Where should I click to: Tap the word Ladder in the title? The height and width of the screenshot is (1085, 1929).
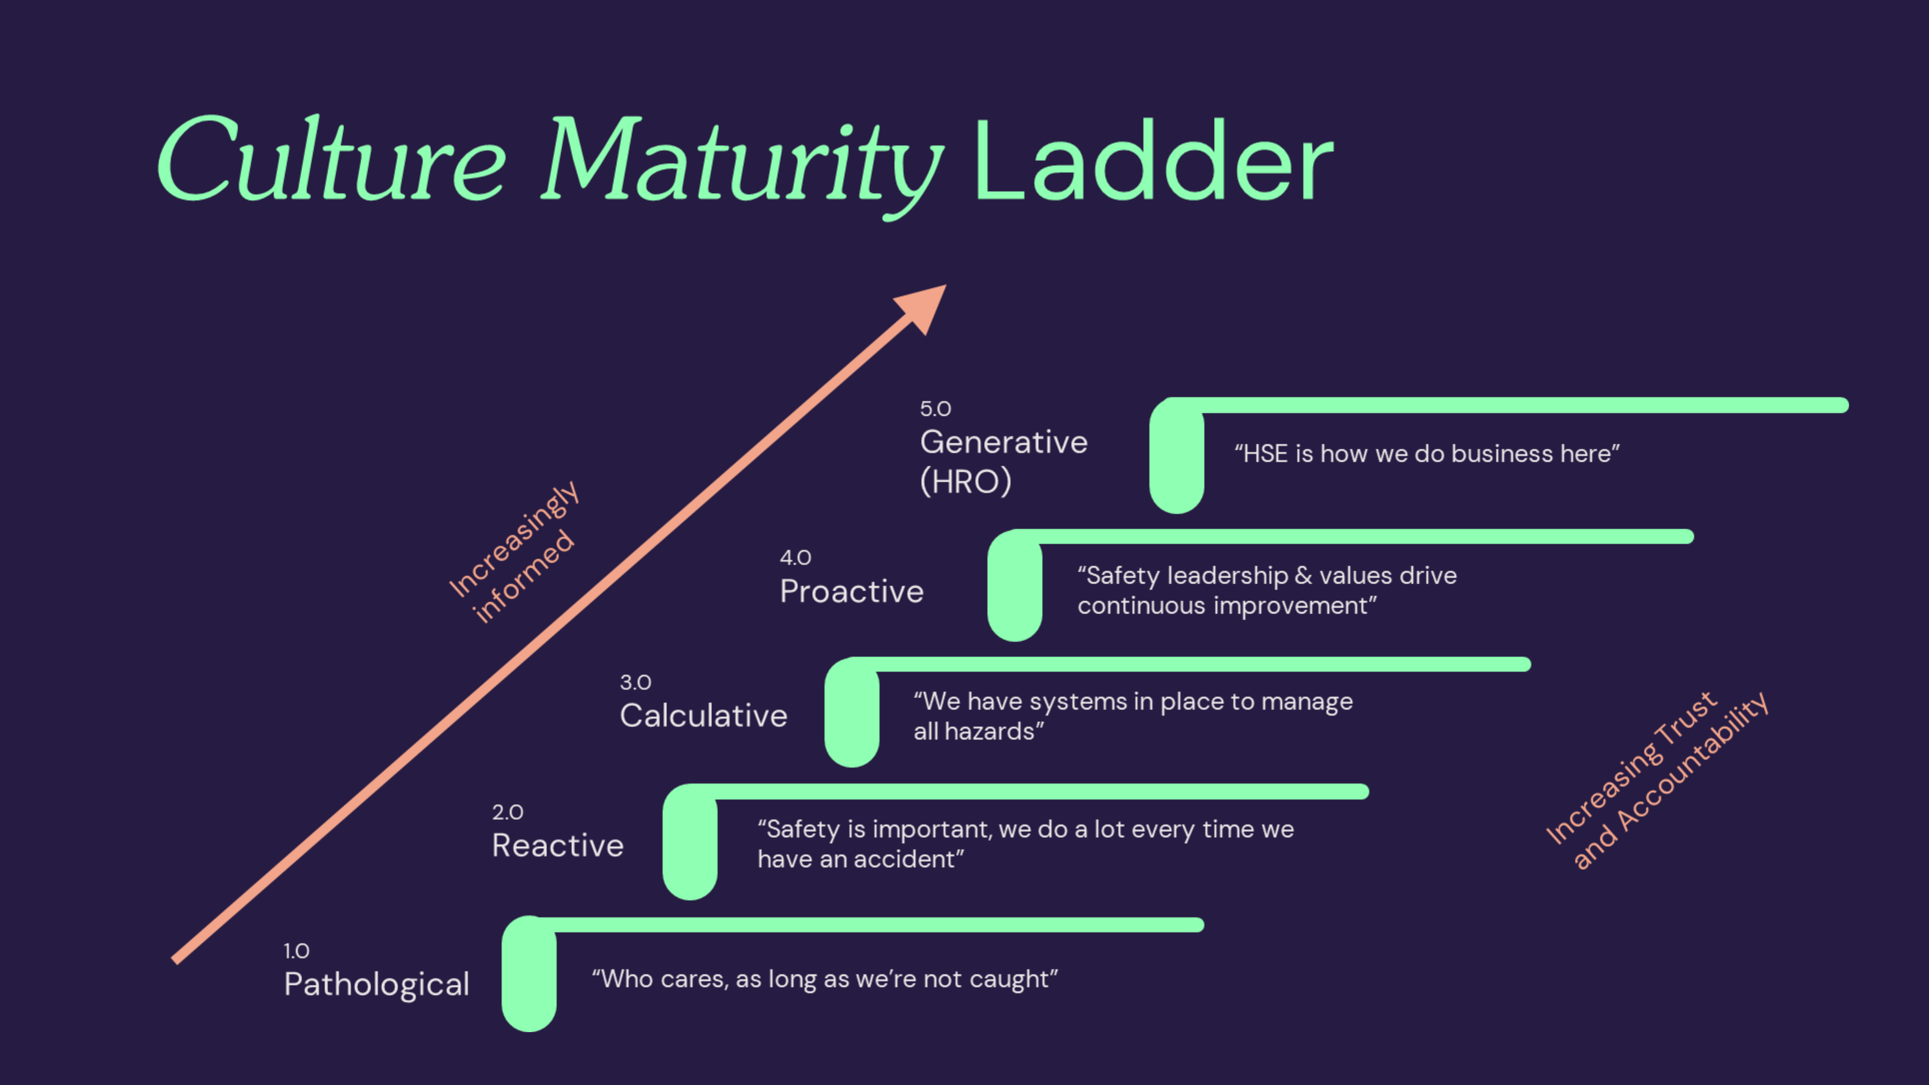pos(1153,161)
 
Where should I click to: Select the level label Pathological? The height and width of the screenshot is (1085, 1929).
pos(376,984)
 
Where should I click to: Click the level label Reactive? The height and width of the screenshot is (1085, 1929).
pos(557,846)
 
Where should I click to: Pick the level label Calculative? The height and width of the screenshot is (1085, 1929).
pos(703,715)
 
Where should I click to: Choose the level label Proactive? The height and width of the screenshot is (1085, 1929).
pos(852,591)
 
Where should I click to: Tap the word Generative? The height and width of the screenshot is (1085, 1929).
pos(1003,442)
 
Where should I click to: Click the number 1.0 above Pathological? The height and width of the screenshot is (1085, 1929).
pos(297,951)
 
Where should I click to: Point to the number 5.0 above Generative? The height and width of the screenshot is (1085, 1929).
pos(935,409)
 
